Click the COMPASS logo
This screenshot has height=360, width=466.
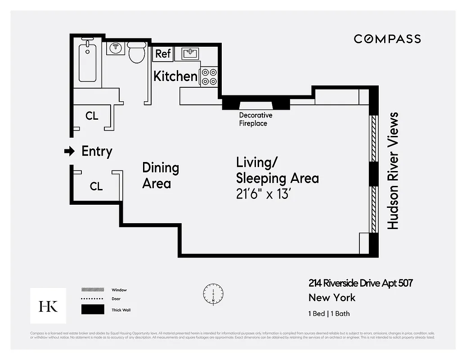pyautogui.click(x=387, y=39)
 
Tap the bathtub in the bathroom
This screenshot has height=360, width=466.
pyautogui.click(x=88, y=63)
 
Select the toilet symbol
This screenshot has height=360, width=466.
pyautogui.click(x=137, y=53)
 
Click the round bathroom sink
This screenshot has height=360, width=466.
pyautogui.click(x=116, y=48)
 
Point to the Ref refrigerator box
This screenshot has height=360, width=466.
pyautogui.click(x=163, y=54)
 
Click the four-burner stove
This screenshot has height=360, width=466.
pyautogui.click(x=209, y=76)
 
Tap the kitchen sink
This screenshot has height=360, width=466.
pyautogui.click(x=190, y=54)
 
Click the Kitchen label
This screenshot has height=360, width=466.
pyautogui.click(x=175, y=76)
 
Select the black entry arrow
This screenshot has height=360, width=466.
pyautogui.click(x=69, y=152)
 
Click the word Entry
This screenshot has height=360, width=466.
pyautogui.click(x=97, y=152)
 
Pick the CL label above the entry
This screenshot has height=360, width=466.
pyautogui.click(x=92, y=116)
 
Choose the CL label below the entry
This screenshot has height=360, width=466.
pyautogui.click(x=96, y=186)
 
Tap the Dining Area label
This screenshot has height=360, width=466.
pyautogui.click(x=160, y=175)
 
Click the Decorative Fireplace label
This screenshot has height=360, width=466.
pyautogui.click(x=255, y=119)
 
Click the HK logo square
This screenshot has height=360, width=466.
pyautogui.click(x=48, y=306)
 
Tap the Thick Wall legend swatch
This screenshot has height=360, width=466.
pyautogui.click(x=92, y=310)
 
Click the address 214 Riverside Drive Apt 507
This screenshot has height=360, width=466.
pyautogui.click(x=360, y=283)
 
